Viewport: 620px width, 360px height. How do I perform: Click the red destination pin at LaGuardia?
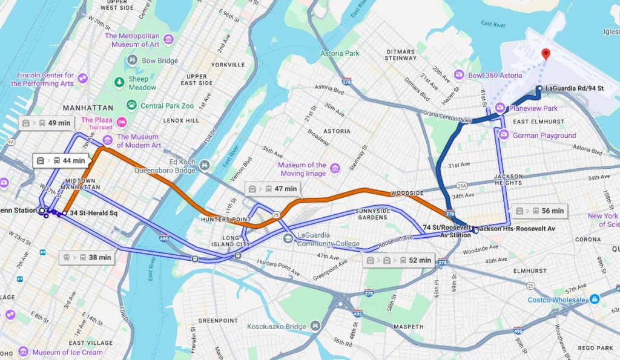coord(546,54)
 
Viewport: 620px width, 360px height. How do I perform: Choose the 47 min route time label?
coord(273,189)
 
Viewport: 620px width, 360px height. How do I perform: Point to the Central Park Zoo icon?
coord(131,105)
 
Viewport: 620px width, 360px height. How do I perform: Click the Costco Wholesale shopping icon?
coord(595,299)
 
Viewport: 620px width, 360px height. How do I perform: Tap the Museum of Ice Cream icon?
coord(23,352)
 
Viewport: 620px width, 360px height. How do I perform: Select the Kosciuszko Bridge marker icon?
coord(315,327)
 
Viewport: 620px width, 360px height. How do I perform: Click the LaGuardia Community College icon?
coord(288,238)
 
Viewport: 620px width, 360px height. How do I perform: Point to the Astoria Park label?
coord(340,53)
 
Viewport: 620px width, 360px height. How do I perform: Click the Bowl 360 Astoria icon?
coord(459,75)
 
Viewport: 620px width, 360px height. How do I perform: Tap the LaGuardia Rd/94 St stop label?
coord(574,88)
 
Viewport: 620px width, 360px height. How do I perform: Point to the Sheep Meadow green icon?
coord(119,82)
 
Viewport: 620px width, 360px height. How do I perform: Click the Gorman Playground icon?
coord(504,135)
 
